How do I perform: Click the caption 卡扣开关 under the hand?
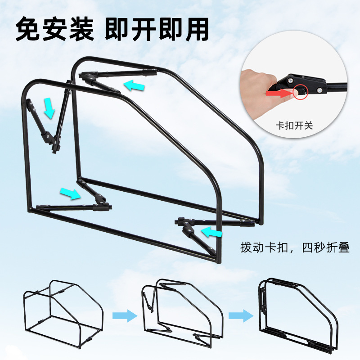click(294, 126)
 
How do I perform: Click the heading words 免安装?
click(54, 30)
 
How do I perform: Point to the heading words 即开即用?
click(157, 30)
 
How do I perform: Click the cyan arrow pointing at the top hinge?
click(134, 85)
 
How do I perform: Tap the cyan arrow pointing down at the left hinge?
click(49, 108)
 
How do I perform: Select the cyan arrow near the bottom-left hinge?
click(70, 193)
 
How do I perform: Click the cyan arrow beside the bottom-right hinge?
click(211, 232)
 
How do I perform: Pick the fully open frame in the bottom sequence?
click(63, 311)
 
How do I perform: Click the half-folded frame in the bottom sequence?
click(183, 313)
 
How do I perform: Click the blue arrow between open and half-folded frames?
click(125, 316)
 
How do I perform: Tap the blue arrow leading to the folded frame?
click(241, 316)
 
